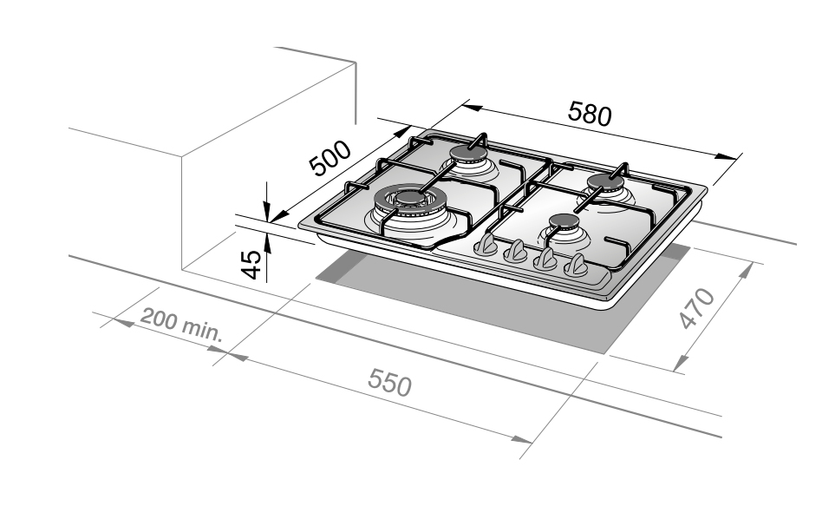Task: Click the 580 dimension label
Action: tap(590, 114)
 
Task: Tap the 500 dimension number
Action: tap(330, 158)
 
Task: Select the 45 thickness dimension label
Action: tap(251, 265)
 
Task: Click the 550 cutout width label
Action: tap(389, 382)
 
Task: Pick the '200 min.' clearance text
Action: tap(182, 325)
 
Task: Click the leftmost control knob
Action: tap(486, 245)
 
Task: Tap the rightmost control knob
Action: tap(576, 265)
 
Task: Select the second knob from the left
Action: tap(516, 252)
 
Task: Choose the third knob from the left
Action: tap(545, 259)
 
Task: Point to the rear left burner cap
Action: tap(467, 153)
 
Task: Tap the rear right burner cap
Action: tap(605, 182)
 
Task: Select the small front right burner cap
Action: tap(564, 221)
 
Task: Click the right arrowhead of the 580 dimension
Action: tap(726, 156)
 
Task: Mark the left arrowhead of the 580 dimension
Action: tap(472, 108)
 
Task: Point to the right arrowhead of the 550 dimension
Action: tap(521, 439)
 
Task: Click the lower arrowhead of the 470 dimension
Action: tap(681, 363)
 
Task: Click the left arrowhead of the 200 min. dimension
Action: tap(123, 322)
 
